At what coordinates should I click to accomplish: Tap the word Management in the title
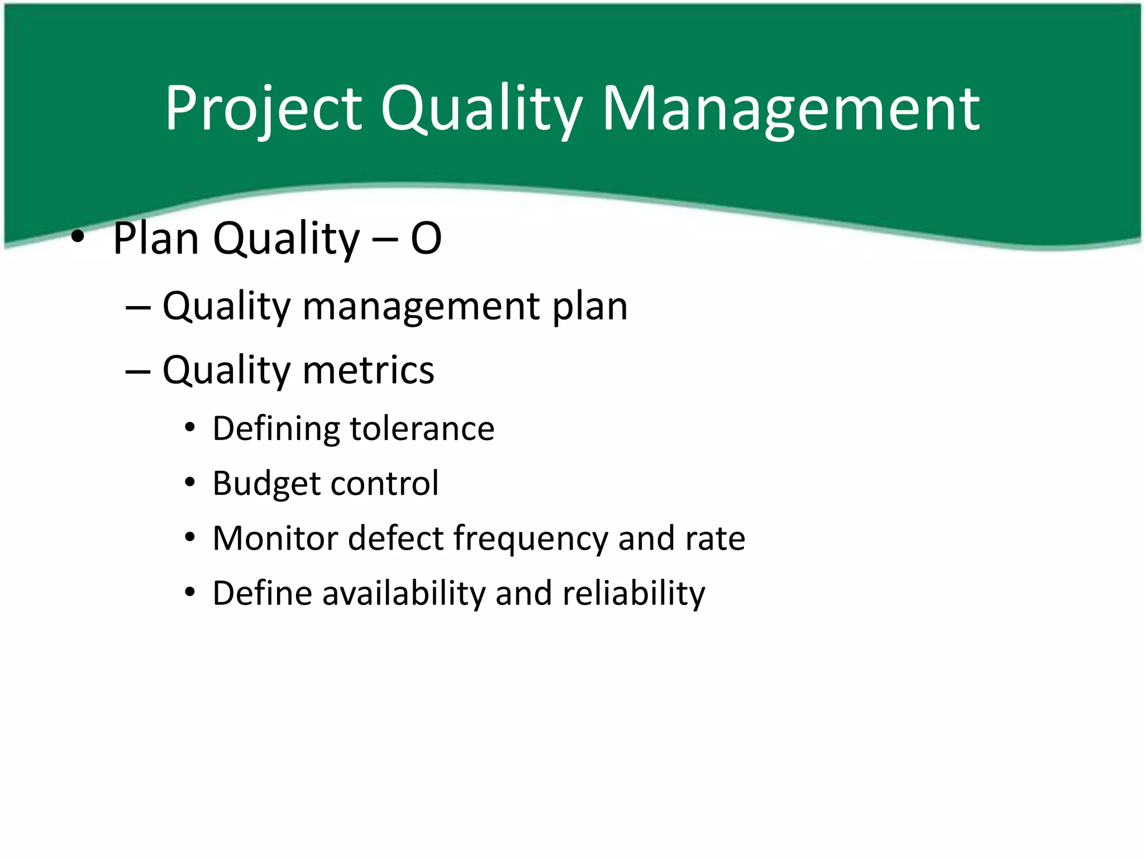(x=790, y=109)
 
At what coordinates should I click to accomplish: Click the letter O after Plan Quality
(x=426, y=239)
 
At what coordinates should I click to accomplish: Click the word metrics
(x=368, y=370)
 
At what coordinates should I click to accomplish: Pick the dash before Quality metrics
(x=138, y=371)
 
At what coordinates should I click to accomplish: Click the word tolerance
(x=422, y=429)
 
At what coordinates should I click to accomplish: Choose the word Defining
(x=276, y=429)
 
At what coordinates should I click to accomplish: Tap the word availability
(x=404, y=593)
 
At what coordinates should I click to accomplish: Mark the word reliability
(x=634, y=593)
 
